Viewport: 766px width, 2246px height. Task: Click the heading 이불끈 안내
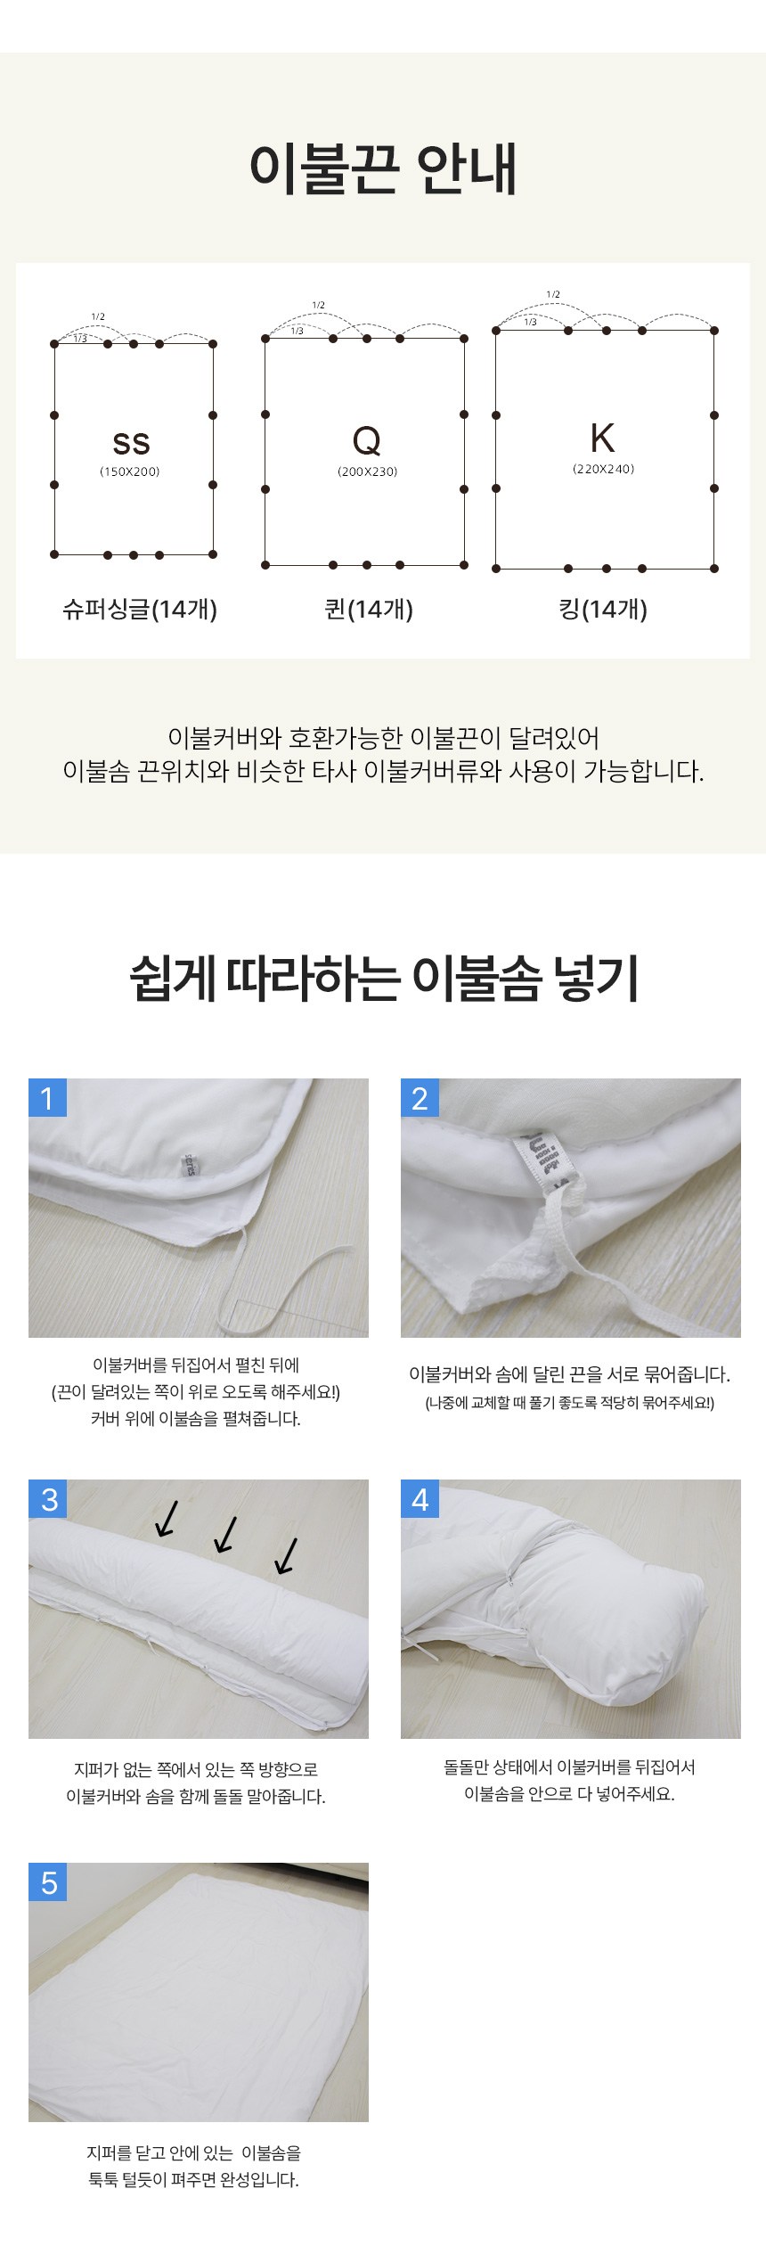pos(383,168)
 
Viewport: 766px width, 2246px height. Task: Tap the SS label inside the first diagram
pos(131,443)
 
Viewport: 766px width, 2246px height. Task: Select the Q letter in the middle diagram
pos(367,439)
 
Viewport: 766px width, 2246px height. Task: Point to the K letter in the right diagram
pos(603,438)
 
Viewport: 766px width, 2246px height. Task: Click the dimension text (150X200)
pos(130,471)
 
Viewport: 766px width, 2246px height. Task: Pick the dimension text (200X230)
pos(367,471)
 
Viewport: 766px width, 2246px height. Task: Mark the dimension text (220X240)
pos(603,469)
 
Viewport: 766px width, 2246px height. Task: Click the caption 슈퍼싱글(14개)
pos(140,609)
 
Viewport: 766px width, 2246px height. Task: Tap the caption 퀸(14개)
pos(369,609)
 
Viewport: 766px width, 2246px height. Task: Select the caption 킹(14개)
pos(603,609)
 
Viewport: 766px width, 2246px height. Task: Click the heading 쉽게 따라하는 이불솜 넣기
pos(384,978)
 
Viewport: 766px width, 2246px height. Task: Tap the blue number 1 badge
pos(48,1097)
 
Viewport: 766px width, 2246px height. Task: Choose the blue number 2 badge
pos(420,1097)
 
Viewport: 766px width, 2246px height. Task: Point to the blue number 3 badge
pos(48,1498)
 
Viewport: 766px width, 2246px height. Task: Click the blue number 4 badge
pos(420,1498)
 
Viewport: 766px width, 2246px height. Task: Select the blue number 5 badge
pos(48,1881)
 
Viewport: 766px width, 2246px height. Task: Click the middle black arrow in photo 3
pos(225,1534)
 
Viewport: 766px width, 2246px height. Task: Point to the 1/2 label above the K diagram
pos(553,294)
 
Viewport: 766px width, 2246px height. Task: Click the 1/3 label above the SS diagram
pos(80,339)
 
